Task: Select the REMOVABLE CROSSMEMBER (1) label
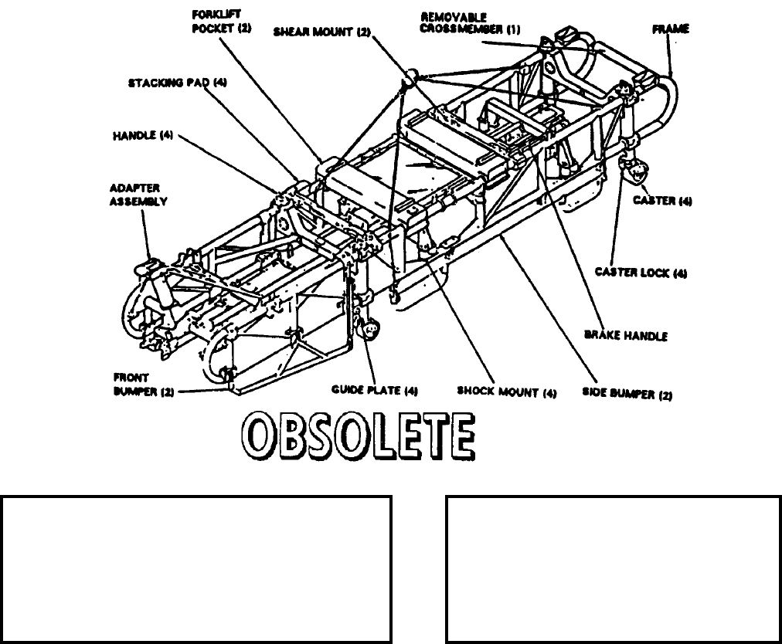pos(471,22)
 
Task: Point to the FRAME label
pos(671,29)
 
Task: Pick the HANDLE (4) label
pos(144,136)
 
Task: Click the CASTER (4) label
pos(662,201)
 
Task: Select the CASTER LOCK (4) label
pos(641,273)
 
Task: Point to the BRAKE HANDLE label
pos(626,335)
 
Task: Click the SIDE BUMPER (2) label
pos(627,395)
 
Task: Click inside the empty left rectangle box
pos(196,569)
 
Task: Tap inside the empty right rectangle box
pos(613,569)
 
